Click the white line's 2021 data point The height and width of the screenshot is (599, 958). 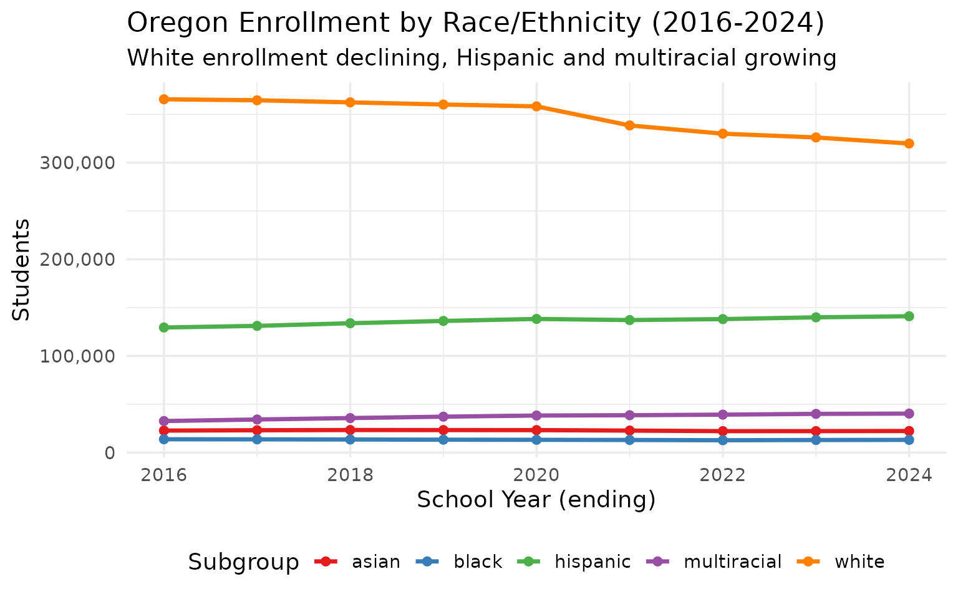(629, 125)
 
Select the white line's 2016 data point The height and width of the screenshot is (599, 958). (164, 99)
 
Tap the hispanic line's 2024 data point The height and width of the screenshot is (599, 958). (909, 316)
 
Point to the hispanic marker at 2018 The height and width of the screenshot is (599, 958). (350, 323)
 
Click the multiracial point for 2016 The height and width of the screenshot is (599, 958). (164, 421)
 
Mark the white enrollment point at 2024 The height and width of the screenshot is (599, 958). (909, 144)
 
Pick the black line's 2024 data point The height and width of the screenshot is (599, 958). (909, 440)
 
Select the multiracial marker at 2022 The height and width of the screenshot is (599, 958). (722, 415)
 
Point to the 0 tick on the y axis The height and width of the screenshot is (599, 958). (110, 453)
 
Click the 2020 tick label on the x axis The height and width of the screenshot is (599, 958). (536, 475)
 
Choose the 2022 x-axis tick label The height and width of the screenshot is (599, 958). (722, 475)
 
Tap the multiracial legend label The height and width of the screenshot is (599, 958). (732, 562)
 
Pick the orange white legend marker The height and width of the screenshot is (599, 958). (811, 562)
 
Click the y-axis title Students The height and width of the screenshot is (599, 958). (22, 270)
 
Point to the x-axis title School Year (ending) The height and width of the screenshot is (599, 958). (536, 500)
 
